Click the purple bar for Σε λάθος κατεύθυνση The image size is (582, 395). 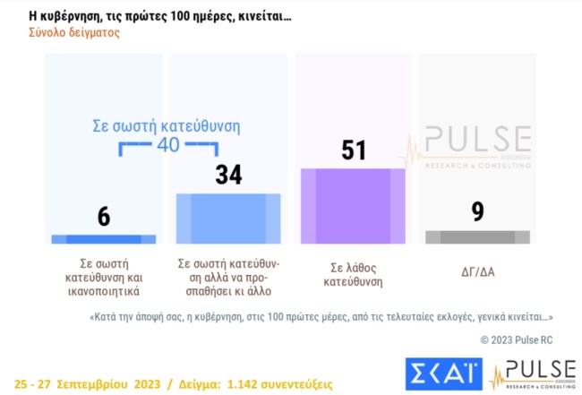[353, 206]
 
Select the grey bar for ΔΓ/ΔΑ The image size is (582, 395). [477, 237]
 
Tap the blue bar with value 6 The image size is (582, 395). [103, 239]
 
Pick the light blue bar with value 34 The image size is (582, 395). [228, 219]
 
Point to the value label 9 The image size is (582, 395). [477, 212]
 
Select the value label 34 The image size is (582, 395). [228, 175]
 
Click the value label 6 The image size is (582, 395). [104, 216]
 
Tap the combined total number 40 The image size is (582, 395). [168, 145]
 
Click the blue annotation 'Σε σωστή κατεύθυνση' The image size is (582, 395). [167, 126]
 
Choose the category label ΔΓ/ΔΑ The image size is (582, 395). [477, 265]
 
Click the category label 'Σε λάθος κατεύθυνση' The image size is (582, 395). [353, 272]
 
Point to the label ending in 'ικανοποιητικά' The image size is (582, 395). [104, 278]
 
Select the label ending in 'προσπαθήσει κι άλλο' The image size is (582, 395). [228, 278]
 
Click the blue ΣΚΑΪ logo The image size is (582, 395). [444, 373]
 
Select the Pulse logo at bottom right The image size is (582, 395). [535, 374]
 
